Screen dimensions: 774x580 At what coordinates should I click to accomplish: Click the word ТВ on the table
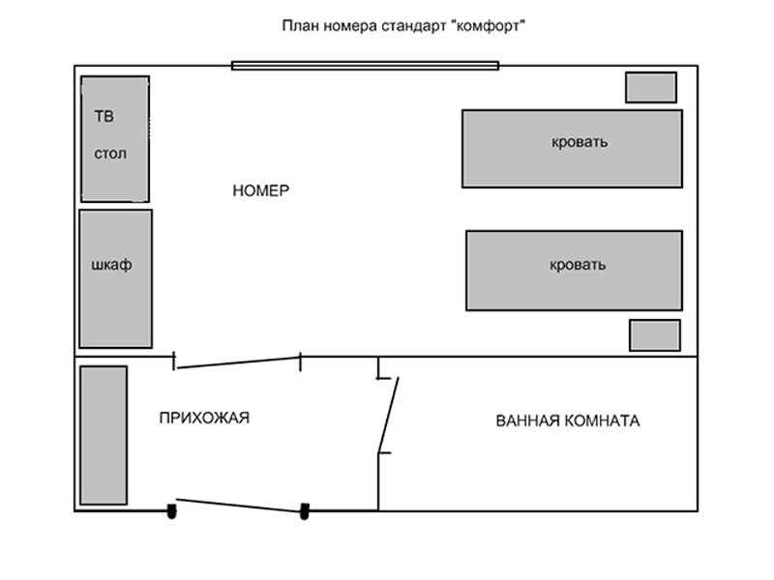click(104, 116)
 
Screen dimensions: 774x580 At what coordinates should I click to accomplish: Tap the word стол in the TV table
click(110, 154)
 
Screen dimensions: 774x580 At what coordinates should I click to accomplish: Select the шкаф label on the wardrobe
click(111, 265)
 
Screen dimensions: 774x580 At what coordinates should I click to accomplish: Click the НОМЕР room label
click(260, 190)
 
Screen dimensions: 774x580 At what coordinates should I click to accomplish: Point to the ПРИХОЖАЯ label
click(204, 419)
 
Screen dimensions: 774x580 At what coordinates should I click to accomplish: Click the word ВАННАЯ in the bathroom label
click(527, 420)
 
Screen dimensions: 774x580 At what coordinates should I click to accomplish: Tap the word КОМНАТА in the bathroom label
click(602, 420)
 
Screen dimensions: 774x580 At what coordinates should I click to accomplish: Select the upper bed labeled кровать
click(572, 149)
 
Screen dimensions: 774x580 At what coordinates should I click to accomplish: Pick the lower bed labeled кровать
click(574, 271)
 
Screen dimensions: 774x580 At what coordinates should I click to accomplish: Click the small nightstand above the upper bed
click(651, 88)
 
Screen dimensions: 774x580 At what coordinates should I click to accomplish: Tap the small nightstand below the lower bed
click(655, 335)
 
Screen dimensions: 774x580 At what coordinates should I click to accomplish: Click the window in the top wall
click(366, 66)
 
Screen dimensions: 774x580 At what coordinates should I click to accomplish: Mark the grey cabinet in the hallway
click(104, 436)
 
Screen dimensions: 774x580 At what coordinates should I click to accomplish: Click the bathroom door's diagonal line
click(388, 415)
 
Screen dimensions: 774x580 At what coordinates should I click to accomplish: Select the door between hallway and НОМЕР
click(239, 362)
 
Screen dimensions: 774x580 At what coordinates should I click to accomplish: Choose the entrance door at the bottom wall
click(239, 506)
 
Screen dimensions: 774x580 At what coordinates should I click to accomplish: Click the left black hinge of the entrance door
click(171, 511)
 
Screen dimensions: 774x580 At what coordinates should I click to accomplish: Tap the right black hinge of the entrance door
click(305, 511)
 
